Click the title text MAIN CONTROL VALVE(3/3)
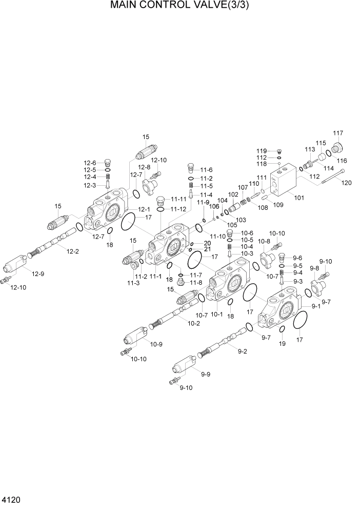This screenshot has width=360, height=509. [180, 7]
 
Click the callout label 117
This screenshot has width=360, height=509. [338, 133]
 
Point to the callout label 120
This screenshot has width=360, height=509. [347, 183]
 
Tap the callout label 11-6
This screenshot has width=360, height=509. [206, 170]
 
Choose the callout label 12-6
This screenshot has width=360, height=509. [90, 163]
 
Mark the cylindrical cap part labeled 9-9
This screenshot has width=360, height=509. [183, 366]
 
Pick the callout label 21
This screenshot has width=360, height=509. [207, 249]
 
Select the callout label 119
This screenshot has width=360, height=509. [262, 151]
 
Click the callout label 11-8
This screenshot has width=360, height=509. [195, 282]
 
